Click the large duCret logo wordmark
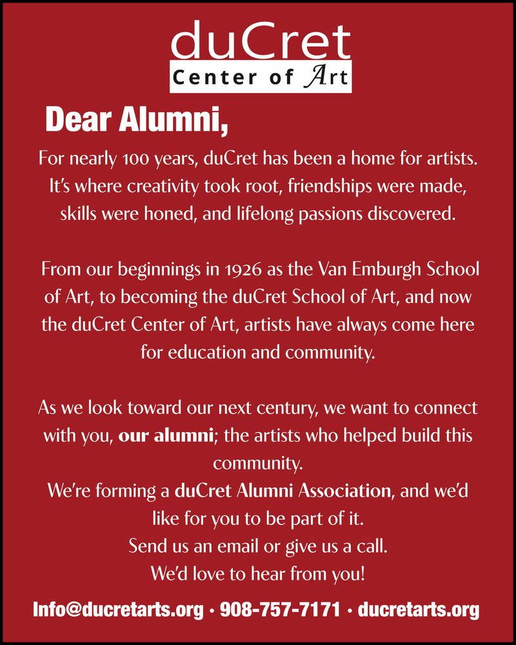click(261, 43)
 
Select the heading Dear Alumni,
click(137, 119)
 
